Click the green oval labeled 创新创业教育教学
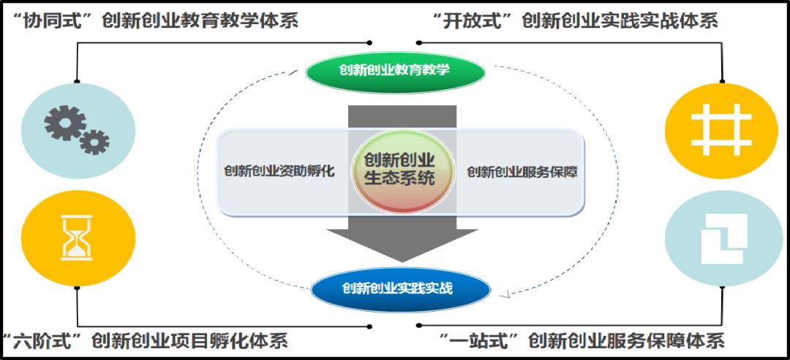[395, 71]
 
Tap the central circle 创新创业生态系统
[399, 170]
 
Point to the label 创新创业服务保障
[522, 172]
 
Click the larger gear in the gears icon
[65, 122]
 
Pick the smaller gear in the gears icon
[94, 142]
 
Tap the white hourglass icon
[77, 237]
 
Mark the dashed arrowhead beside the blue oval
[504, 295]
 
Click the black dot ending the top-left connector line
[369, 42]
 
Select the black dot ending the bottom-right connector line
[418, 325]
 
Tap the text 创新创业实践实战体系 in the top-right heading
[620, 20]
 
